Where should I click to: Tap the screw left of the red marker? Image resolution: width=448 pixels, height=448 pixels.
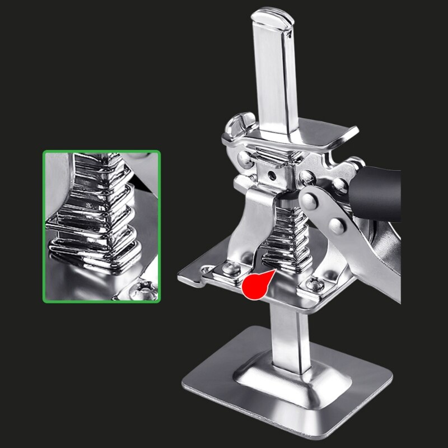point(231,268)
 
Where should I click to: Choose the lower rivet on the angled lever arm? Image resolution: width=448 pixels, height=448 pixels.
point(336,226)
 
